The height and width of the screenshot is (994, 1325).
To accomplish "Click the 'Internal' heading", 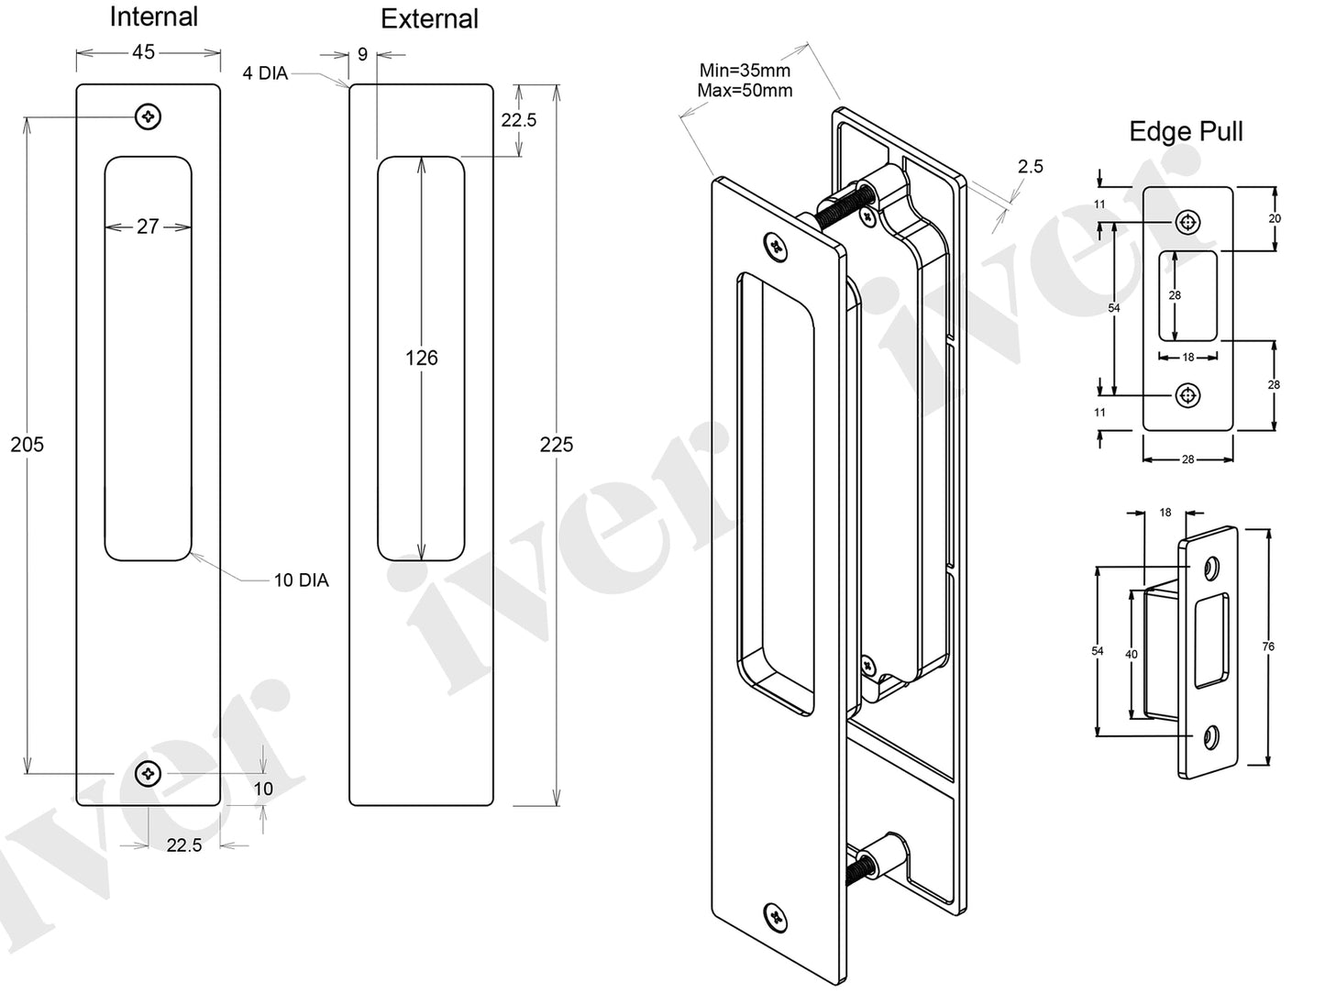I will [x=153, y=17].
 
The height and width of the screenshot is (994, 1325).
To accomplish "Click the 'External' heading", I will [x=429, y=19].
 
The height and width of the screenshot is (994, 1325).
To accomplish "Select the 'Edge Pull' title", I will [x=1186, y=131].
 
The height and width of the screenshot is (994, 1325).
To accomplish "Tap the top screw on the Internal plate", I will [x=148, y=116].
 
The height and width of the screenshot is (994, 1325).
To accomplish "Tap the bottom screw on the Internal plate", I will [x=148, y=774].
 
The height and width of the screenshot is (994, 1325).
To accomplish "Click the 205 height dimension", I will [x=27, y=445].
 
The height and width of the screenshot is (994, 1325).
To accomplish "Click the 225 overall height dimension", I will [x=556, y=445].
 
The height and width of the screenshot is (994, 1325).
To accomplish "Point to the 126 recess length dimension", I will [x=421, y=358].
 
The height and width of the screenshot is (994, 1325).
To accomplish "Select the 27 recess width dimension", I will [x=148, y=226].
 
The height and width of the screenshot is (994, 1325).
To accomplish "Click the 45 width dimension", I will [x=144, y=52].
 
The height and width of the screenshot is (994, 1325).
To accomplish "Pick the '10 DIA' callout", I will [x=301, y=580].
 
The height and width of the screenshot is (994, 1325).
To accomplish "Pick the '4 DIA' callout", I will [x=265, y=73].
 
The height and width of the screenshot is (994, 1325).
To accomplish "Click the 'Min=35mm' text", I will [x=745, y=71].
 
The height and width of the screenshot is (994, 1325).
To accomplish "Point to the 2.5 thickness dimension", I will [x=1030, y=166].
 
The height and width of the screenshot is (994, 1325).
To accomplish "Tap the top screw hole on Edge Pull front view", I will [x=1188, y=221].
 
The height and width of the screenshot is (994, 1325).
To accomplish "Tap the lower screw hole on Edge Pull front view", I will [x=1188, y=395].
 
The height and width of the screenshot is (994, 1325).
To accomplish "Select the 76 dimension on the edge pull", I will [x=1268, y=646].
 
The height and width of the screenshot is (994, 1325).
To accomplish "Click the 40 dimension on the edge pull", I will [x=1131, y=654].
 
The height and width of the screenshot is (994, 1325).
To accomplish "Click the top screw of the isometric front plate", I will [x=777, y=246].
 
